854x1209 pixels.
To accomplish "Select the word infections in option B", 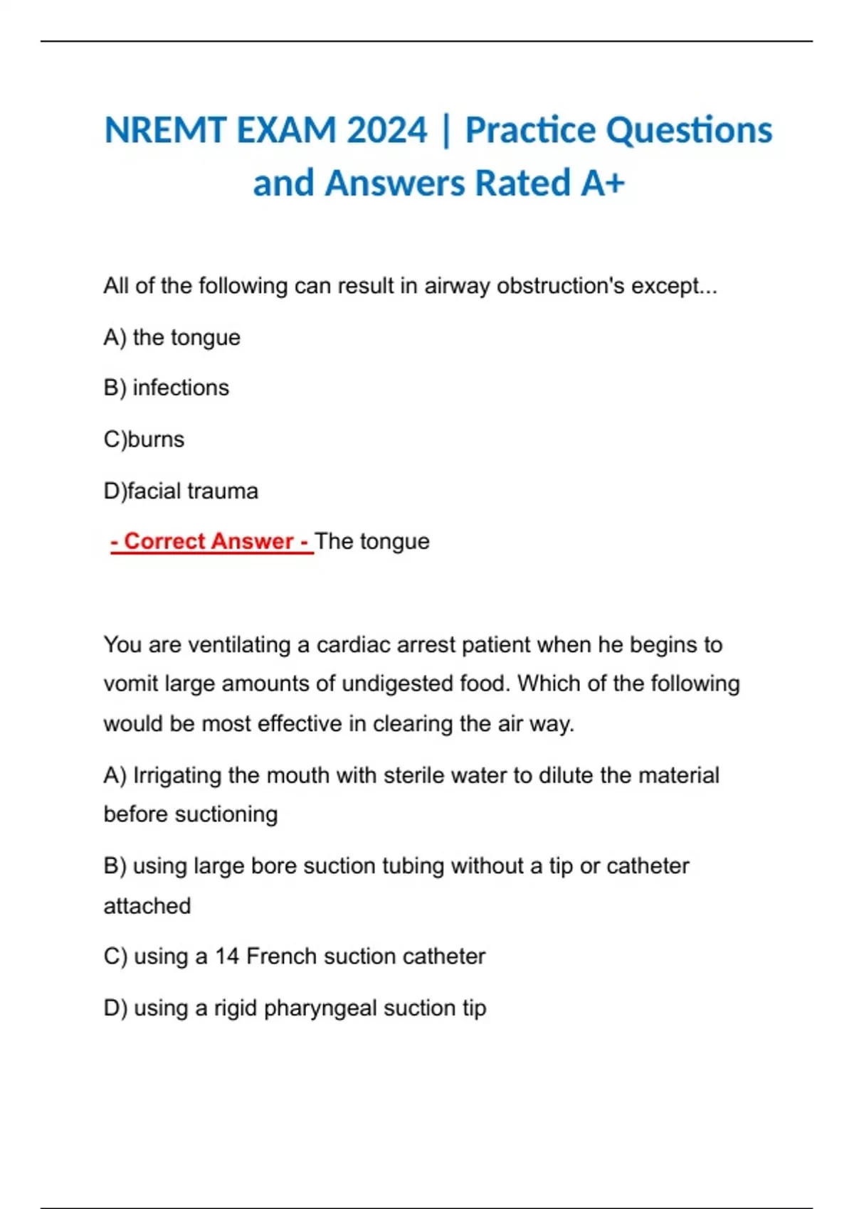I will point(181,388).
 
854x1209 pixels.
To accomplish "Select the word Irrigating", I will point(177,775).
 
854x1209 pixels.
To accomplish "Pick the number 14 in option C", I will point(227,957).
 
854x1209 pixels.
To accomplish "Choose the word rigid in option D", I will point(235,1008).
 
